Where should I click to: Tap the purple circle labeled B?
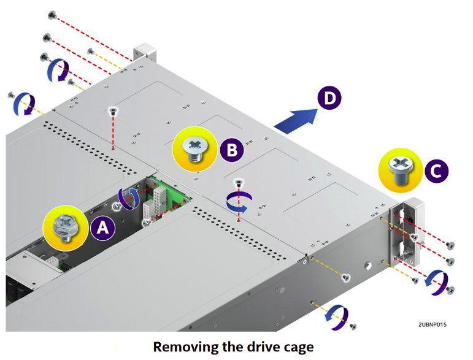233,149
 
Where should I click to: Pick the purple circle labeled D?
329,98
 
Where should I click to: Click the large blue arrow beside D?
294,118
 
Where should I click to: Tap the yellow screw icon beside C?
399,166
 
